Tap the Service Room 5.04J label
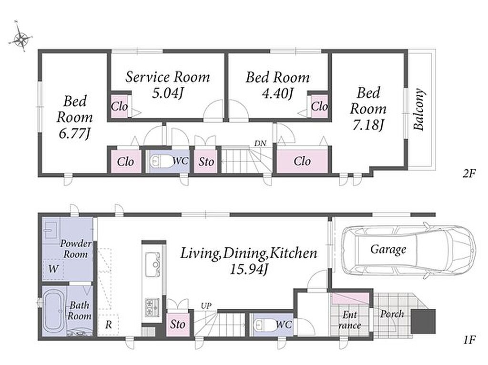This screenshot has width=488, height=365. [x=167, y=85]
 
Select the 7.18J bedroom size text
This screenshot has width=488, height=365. [x=368, y=125]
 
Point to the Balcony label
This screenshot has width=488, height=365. [x=419, y=109]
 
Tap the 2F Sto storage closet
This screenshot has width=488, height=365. [x=206, y=162]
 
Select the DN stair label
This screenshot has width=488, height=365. [x=260, y=143]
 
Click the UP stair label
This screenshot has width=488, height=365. [x=206, y=306]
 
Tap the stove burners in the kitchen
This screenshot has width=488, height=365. [x=152, y=307]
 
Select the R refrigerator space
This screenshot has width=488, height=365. [x=108, y=325]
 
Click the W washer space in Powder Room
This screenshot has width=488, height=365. [x=53, y=269]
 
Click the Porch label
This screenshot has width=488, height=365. [x=392, y=314]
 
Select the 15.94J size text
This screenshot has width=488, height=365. [x=249, y=269]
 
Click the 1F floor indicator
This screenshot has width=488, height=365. [x=469, y=340]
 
